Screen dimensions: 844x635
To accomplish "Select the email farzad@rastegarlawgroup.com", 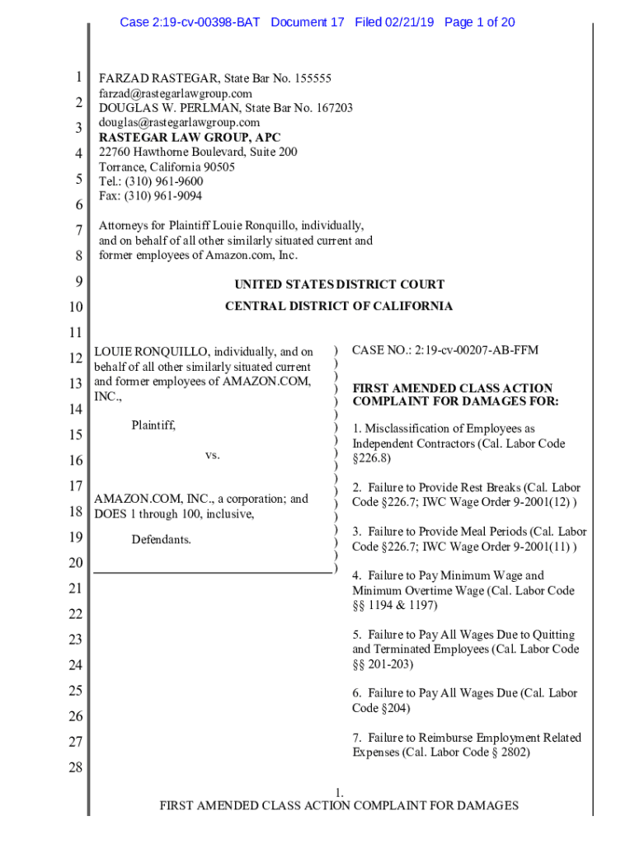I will pos(176,93).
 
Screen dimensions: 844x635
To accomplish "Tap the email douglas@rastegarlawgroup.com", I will pos(179,123).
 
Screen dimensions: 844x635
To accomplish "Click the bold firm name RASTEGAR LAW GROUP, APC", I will pos(190,138).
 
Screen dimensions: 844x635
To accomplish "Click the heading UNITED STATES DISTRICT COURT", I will pos(339,284).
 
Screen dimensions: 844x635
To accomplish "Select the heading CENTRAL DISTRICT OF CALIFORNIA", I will pos(339,306).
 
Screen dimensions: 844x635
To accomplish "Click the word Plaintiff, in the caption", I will pos(153,425).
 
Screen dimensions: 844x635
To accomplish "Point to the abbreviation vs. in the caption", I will pos(213,455).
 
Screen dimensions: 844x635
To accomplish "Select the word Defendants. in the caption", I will pos(162,540).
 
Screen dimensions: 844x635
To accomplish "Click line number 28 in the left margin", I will pos(75,769).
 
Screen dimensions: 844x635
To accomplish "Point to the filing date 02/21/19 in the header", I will pos(410,22).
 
